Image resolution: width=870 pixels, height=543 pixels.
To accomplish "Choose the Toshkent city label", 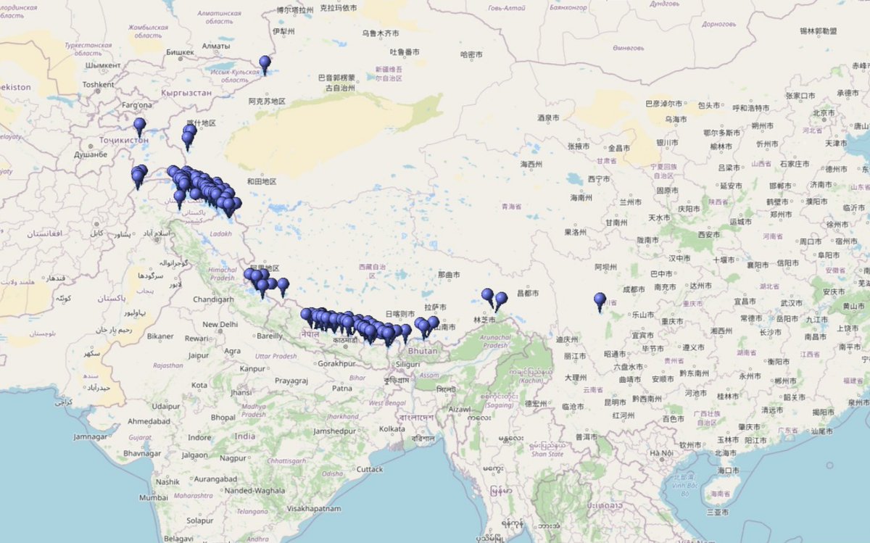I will pyautogui.click(x=99, y=85).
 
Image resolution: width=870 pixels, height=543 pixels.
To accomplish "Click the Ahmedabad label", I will pyautogui.click(x=149, y=421).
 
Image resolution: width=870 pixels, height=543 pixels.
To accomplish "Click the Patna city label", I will pyautogui.click(x=342, y=389).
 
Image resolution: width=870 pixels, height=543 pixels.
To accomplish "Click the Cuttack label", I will pyautogui.click(x=369, y=469).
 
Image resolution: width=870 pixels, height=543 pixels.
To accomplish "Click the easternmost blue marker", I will pyautogui.click(x=600, y=300).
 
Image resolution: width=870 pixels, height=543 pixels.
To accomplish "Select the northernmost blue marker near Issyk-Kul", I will pyautogui.click(x=265, y=64).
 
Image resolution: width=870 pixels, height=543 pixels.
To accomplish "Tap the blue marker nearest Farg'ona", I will pyautogui.click(x=139, y=126).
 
